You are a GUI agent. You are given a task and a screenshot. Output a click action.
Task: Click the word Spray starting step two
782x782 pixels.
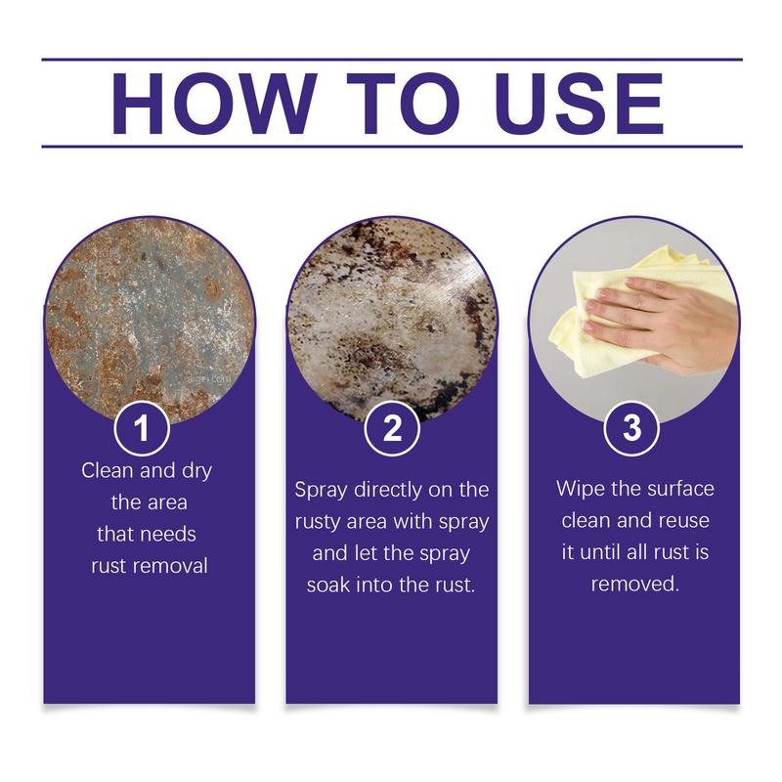tap(322, 489)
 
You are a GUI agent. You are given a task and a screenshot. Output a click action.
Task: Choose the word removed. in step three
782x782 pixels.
tap(633, 584)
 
